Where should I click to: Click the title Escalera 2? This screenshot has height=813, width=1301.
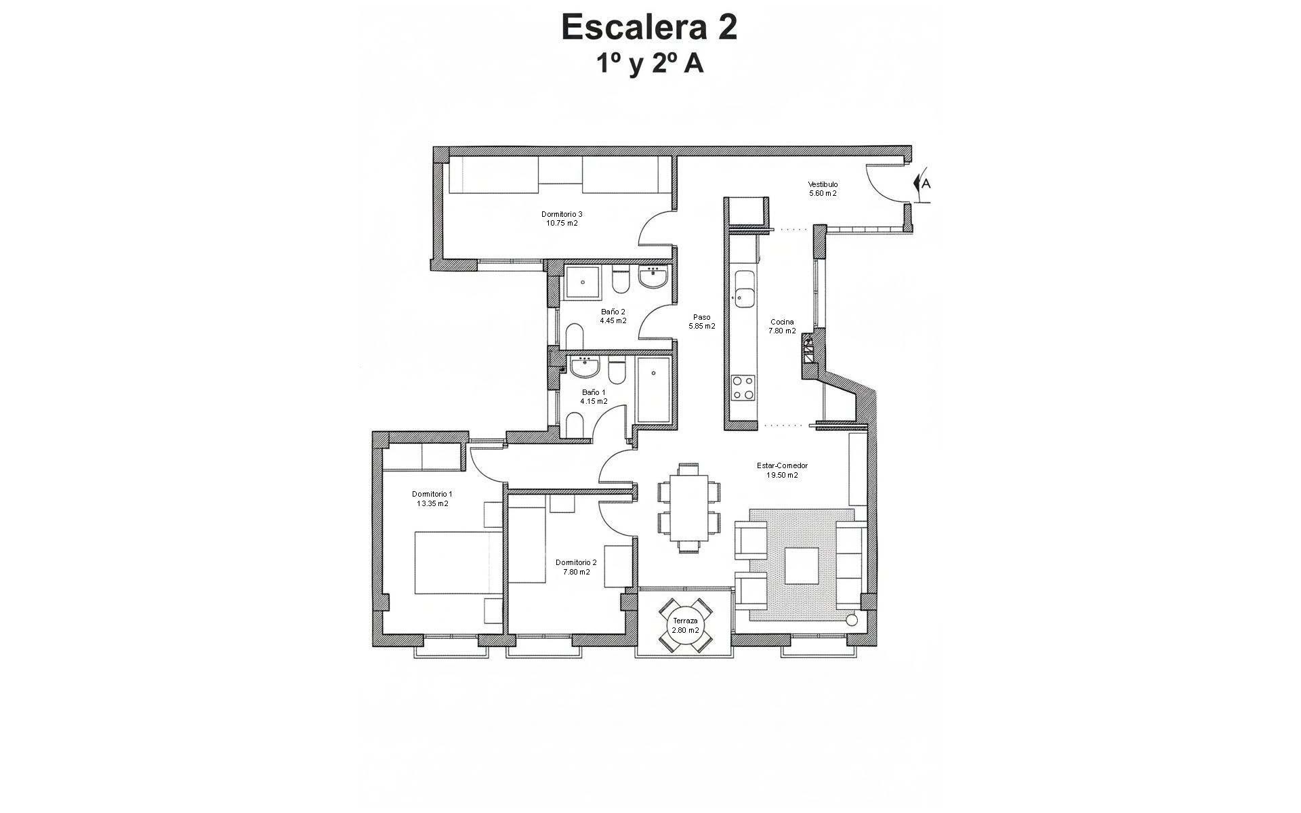pyautogui.click(x=649, y=28)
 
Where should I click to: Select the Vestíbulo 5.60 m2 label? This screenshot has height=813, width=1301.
pyautogui.click(x=823, y=188)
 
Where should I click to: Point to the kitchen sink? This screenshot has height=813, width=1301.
pyautogui.click(x=745, y=289)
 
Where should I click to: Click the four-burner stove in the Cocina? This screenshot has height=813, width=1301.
pyautogui.click(x=743, y=388)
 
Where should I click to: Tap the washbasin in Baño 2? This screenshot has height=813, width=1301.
pyautogui.click(x=653, y=278)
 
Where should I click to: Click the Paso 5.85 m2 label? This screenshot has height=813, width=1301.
pyautogui.click(x=702, y=321)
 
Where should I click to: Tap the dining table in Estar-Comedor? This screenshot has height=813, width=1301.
pyautogui.click(x=689, y=507)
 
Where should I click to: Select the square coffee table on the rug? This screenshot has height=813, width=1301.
pyautogui.click(x=802, y=565)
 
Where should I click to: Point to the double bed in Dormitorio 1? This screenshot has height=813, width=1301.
pyautogui.click(x=459, y=562)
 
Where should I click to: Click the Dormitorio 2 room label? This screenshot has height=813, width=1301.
pyautogui.click(x=576, y=567)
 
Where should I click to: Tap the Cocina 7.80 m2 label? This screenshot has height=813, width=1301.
pyautogui.click(x=782, y=327)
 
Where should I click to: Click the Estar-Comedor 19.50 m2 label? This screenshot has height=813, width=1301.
pyautogui.click(x=782, y=470)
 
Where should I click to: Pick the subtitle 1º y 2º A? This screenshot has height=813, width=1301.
pyautogui.click(x=649, y=64)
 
